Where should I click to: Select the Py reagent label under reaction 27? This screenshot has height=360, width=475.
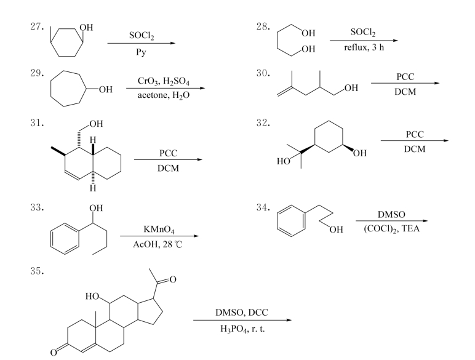(x=141, y=54)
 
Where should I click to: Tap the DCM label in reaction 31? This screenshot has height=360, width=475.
(x=167, y=168)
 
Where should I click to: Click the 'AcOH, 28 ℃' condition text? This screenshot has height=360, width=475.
(x=159, y=246)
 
